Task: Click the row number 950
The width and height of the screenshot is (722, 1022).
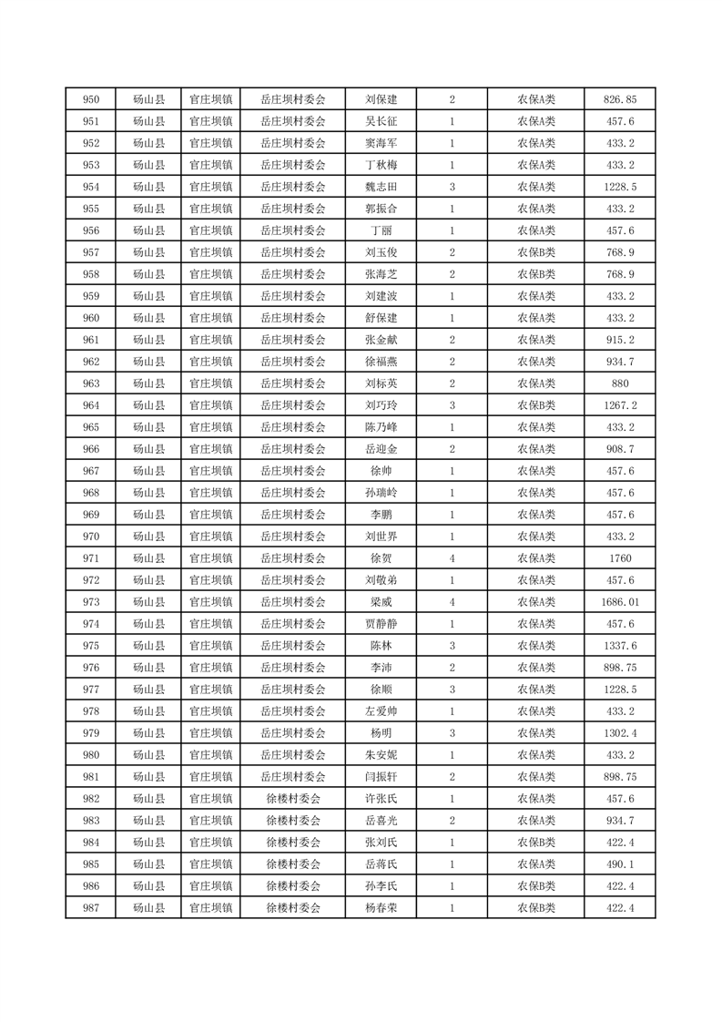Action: (90, 99)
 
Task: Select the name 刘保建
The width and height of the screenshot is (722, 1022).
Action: (381, 99)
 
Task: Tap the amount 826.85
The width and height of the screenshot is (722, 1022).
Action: (621, 99)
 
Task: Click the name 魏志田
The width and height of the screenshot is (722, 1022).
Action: (381, 187)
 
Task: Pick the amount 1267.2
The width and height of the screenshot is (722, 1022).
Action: (621, 405)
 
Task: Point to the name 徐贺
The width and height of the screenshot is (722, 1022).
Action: (381, 558)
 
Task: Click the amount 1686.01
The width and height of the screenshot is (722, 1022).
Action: (621, 602)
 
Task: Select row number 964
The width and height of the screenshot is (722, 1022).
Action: (90, 405)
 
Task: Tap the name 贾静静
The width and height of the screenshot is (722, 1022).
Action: (381, 624)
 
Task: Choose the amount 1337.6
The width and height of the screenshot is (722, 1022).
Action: (621, 646)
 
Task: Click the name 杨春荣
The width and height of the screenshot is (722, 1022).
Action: (381, 908)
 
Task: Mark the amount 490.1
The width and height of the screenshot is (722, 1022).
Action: (621, 864)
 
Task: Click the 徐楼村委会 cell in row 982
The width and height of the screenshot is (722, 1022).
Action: (292, 799)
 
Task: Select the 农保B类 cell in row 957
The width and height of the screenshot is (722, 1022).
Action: (536, 252)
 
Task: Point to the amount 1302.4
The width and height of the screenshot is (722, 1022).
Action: (621, 733)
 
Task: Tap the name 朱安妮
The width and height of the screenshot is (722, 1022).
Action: (381, 755)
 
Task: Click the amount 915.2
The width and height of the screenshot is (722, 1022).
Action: (621, 340)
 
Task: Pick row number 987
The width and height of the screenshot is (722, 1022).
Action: (90, 908)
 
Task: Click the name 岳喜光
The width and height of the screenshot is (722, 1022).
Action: (381, 821)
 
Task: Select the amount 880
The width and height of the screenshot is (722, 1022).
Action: (621, 383)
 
